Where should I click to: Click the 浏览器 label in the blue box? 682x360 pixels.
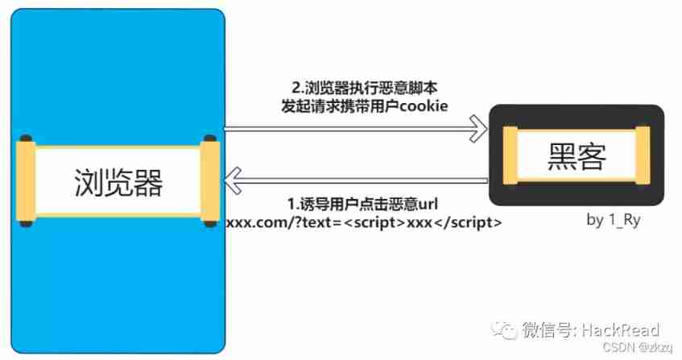tap(118, 182)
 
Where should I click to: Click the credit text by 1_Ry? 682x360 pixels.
tap(614, 220)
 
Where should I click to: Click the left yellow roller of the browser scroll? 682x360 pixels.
tap(27, 180)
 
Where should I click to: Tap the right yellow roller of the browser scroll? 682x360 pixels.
tap(210, 180)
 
